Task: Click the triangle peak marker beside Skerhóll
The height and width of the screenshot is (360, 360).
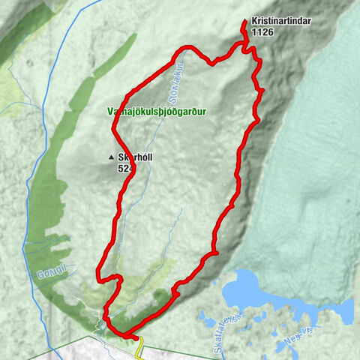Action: pos(112,157)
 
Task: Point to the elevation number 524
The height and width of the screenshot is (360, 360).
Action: pos(125,169)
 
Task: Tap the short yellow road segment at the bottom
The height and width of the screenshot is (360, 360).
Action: pos(139,344)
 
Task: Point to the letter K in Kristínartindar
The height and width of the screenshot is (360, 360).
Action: pos(255,22)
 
